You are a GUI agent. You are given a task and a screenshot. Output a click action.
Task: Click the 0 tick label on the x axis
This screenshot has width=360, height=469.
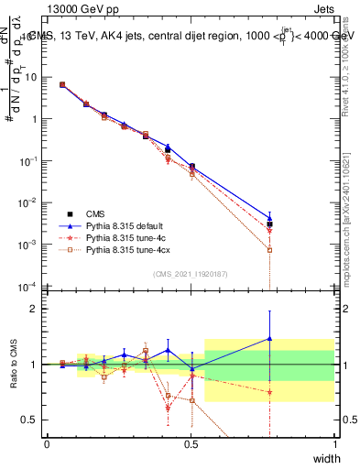tap(47, 444)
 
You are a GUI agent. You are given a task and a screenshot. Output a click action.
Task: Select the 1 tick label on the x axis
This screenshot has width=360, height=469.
tap(335, 444)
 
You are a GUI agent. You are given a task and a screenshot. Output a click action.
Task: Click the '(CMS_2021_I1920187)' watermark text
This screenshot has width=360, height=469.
tap(191, 273)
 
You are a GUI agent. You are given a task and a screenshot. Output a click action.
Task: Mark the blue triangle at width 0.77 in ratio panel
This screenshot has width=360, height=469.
tap(269, 338)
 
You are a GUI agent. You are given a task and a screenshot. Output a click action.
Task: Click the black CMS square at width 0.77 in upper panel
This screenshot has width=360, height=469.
tap(269, 224)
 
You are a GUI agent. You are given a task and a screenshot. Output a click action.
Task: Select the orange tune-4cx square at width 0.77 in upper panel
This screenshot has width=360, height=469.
tap(269, 249)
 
